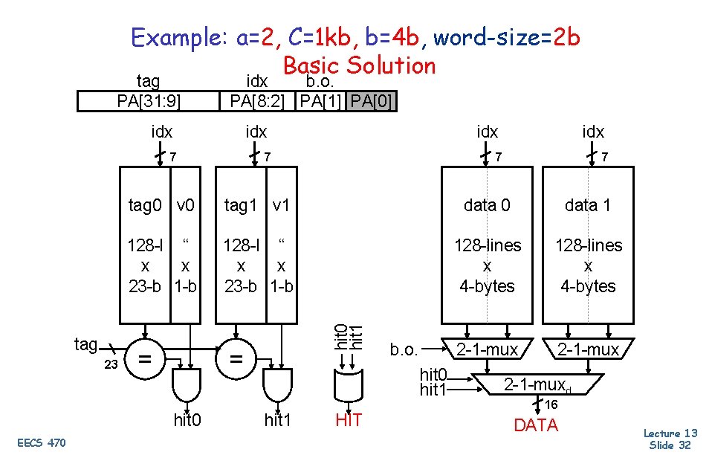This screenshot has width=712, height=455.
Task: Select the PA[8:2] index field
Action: point(257,100)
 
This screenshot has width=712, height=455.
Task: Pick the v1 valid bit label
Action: point(280,205)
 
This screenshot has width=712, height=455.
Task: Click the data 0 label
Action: point(487,205)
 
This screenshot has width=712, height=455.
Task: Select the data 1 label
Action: point(588,205)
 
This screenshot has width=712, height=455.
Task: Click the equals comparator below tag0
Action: point(146,359)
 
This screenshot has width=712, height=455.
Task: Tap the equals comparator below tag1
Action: point(236,359)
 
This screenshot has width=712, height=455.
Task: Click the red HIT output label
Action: point(348,421)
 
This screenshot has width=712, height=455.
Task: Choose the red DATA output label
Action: point(536,425)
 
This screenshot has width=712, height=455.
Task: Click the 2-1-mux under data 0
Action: point(487,349)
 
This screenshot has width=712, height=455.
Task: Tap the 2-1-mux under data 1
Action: point(589,349)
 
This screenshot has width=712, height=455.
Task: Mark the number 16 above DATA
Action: point(551,405)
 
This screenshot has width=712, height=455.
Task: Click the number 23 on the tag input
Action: point(109,365)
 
